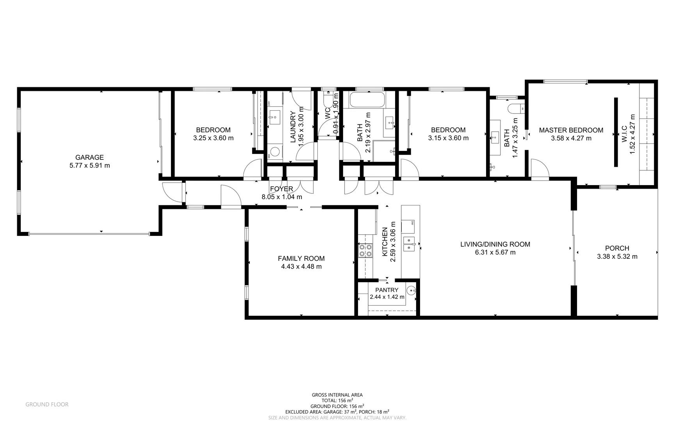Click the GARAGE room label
(89, 157)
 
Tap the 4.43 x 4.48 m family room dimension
(301, 267)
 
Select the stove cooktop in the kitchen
(365, 250)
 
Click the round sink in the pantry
(411, 290)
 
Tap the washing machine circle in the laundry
(276, 152)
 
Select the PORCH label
(617, 248)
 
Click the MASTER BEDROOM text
(571, 130)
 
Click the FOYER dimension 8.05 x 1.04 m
(281, 197)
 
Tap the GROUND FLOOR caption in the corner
(47, 405)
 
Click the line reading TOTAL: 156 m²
(337, 400)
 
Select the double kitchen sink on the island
(409, 244)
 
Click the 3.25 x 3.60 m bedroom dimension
(213, 138)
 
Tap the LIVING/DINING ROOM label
(495, 244)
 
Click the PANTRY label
(386, 290)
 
